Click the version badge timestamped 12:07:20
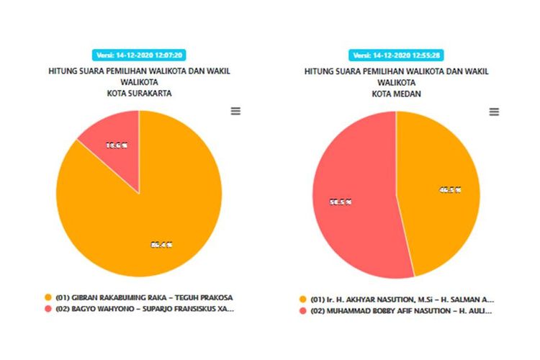(x=139, y=55)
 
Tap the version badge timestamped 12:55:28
(x=396, y=55)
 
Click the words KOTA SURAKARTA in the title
(x=139, y=93)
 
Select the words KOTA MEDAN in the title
(x=396, y=93)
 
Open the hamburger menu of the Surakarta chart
(x=235, y=111)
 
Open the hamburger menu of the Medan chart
(x=494, y=112)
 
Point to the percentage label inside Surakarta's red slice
(x=117, y=145)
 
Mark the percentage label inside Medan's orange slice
(x=450, y=190)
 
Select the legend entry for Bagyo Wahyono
(x=144, y=309)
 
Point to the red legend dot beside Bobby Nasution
(x=304, y=310)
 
